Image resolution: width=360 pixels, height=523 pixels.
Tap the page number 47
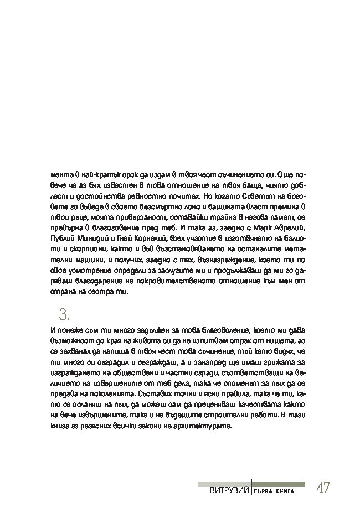click(x=323, y=488)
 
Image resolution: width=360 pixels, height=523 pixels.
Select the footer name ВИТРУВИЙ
click(x=228, y=491)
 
